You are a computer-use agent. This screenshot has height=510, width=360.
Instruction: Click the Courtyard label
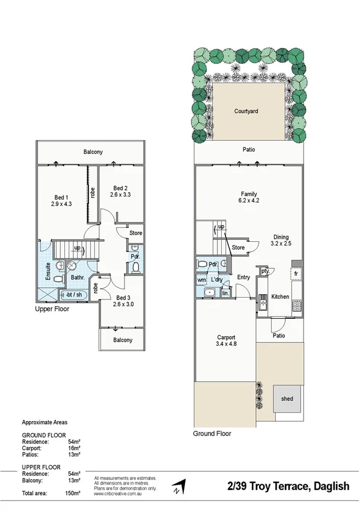[x=246, y=111]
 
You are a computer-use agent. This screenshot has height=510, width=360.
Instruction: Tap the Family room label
[x=249, y=197]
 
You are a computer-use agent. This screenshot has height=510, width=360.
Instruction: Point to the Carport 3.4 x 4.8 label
[x=225, y=341]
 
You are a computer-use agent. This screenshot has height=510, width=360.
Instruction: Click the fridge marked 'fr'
[x=296, y=274]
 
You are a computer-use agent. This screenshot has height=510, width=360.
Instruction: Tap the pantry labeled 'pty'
[x=264, y=272]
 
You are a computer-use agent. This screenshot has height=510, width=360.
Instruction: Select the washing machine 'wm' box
[x=201, y=280]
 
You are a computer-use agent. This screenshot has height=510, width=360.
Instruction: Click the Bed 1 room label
[x=62, y=201]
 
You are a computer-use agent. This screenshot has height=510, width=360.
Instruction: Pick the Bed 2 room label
[x=120, y=191]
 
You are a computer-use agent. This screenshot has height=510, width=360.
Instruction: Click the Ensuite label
[x=47, y=272]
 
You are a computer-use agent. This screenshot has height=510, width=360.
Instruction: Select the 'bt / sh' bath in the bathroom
[x=75, y=294]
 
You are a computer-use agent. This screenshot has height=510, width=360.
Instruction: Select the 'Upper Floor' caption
[x=52, y=309]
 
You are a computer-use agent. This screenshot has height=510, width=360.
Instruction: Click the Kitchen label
[x=280, y=296]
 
